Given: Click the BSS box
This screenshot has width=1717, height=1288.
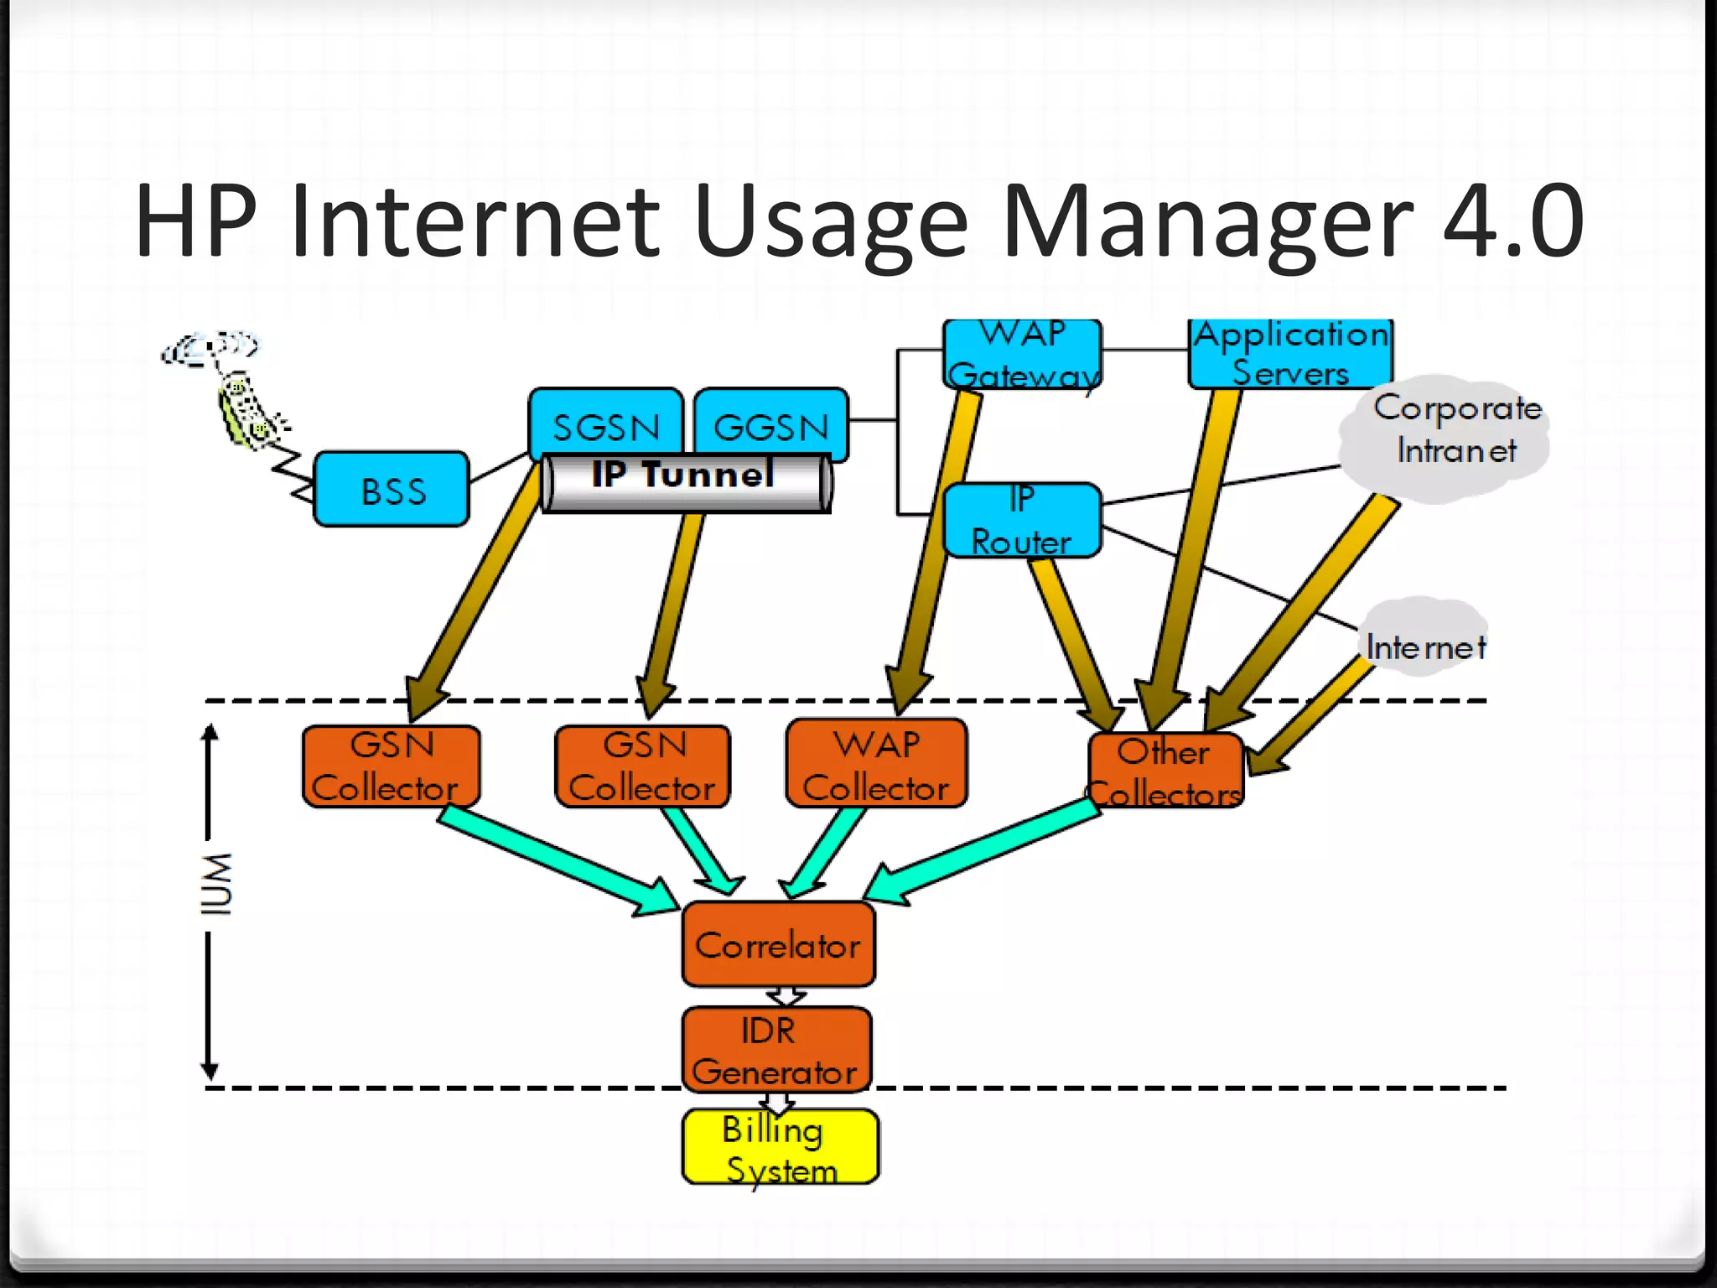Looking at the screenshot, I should point(392,490).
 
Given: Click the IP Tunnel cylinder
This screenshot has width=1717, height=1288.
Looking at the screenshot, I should point(686,482).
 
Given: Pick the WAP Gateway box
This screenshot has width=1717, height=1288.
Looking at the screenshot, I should point(1022,355).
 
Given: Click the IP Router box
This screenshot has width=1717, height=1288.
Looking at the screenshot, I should point(1022,520).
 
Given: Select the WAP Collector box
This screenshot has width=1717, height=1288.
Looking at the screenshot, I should point(876,765).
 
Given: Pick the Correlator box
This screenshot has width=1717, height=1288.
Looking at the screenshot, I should point(778,945).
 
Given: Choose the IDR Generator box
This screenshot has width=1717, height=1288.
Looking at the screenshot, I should point(776,1051).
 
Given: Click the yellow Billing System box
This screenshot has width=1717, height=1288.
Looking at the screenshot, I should point(781,1148).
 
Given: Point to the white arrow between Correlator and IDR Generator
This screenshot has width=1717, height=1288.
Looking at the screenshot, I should point(786,996).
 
